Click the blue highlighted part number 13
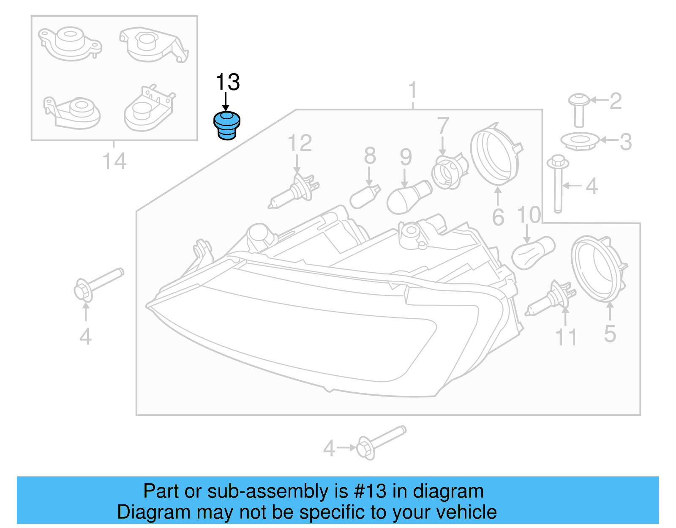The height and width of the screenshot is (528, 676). click(x=227, y=126)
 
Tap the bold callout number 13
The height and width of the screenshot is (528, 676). click(x=228, y=82)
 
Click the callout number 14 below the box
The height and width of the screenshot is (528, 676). click(x=114, y=161)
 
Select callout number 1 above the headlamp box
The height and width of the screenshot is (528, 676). click(x=413, y=91)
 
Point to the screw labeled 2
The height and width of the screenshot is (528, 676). click(x=579, y=110)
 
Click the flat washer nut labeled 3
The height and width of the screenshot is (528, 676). click(x=579, y=141)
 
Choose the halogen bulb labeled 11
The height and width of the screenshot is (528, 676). click(x=551, y=299)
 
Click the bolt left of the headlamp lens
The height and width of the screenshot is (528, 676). click(x=98, y=284)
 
